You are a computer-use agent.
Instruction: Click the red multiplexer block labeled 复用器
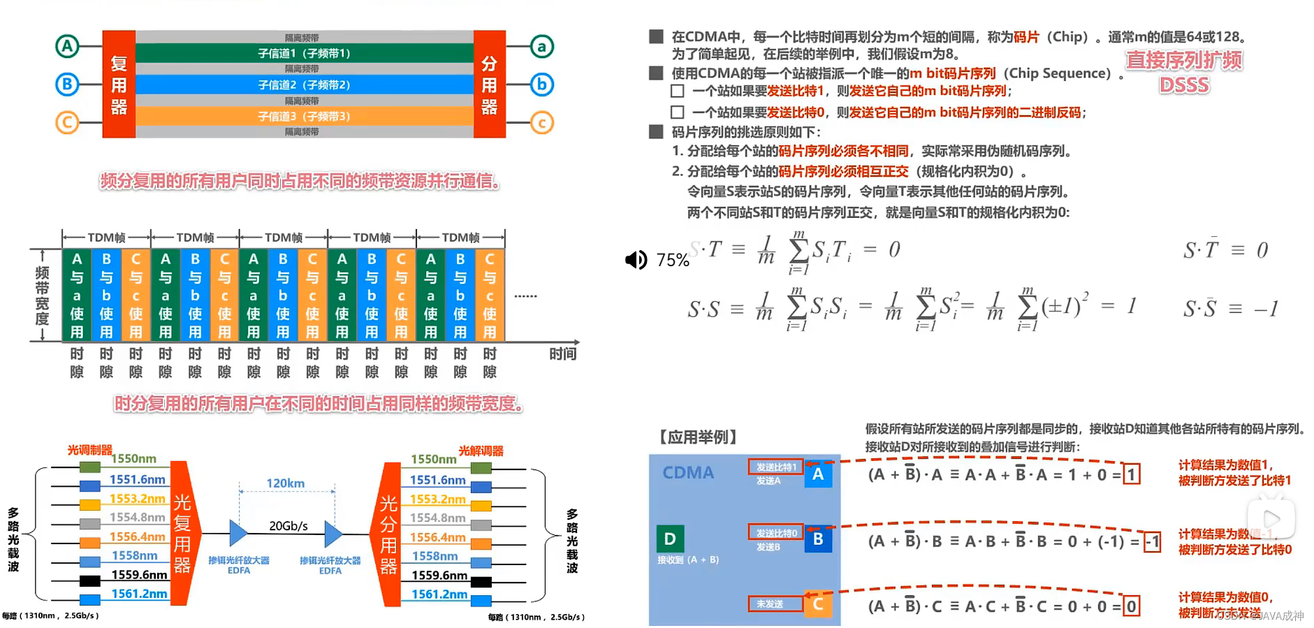click(119, 84)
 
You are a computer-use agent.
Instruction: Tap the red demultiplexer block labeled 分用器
click(489, 84)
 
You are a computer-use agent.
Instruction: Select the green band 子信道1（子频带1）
click(304, 53)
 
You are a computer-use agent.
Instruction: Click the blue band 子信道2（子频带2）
click(304, 85)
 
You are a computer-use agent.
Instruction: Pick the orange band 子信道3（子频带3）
click(304, 116)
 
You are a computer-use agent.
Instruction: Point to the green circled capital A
click(67, 47)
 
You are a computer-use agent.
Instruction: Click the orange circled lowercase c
click(541, 123)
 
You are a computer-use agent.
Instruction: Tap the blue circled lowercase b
click(541, 85)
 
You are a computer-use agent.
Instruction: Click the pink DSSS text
click(1184, 85)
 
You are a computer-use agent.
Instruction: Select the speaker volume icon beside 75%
click(636, 260)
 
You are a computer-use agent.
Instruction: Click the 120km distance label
click(285, 483)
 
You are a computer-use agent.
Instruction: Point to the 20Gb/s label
click(288, 525)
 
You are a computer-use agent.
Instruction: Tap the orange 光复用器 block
click(182, 533)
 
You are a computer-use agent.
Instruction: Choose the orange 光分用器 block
click(388, 533)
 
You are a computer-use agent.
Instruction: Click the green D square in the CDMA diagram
click(670, 539)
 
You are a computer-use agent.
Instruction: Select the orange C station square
click(818, 604)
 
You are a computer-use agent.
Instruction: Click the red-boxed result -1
click(1152, 541)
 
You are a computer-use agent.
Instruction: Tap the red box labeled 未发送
click(775, 604)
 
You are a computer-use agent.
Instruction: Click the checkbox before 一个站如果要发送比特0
click(677, 112)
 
